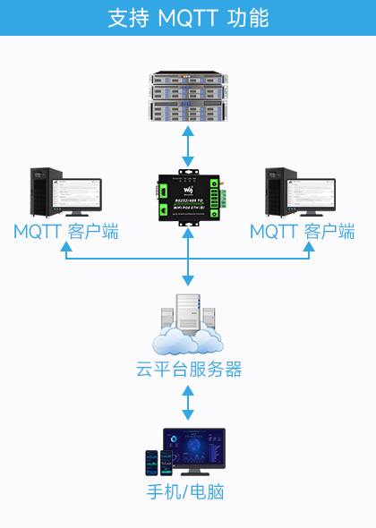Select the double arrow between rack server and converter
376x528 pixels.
click(x=188, y=146)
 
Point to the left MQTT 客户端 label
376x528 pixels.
click(x=66, y=232)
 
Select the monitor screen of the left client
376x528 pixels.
click(x=77, y=193)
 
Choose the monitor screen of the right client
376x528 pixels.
click(x=313, y=193)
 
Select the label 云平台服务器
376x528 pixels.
click(x=188, y=370)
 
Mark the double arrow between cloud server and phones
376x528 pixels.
click(x=188, y=403)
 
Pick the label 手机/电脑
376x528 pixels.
click(x=187, y=491)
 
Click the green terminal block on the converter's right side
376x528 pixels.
click(x=215, y=199)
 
